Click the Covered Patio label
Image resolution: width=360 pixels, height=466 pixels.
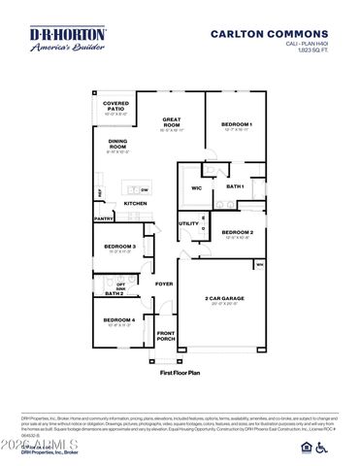tap(116, 105)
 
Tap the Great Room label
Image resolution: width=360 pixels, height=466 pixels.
tap(171, 123)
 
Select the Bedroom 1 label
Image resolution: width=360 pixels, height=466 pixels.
tap(236, 124)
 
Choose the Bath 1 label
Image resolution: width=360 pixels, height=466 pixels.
tap(234, 185)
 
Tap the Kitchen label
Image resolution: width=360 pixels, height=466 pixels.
tap(135, 203)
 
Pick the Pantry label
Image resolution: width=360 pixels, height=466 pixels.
tap(104, 218)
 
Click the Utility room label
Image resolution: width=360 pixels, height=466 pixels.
tap(188, 223)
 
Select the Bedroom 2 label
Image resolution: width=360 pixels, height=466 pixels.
tap(237, 232)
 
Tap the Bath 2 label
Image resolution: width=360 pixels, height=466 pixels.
tap(115, 292)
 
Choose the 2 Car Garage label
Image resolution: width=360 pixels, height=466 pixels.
tap(224, 298)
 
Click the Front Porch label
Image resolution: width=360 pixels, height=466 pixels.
tap(166, 336)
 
